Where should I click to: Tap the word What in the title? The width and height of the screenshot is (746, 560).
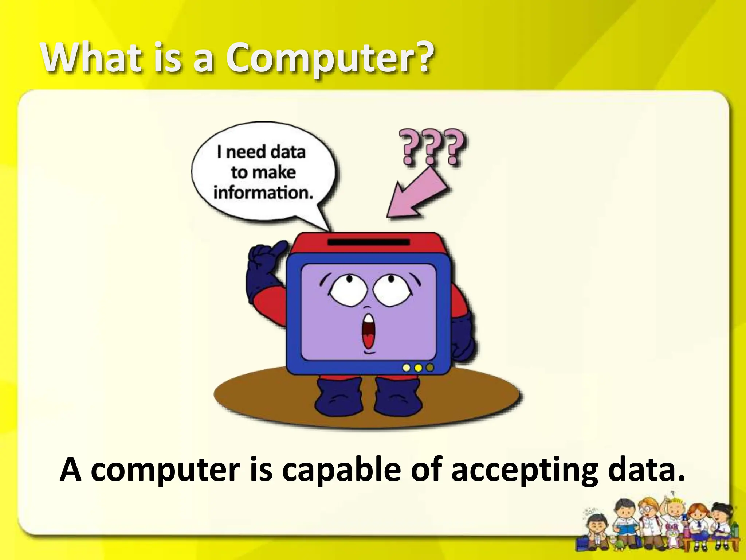pos(90,58)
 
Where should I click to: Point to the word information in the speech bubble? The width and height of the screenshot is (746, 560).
pos(263,192)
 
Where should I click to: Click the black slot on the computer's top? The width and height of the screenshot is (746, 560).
pos(369,242)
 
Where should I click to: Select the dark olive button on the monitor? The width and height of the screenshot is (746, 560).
pos(430,367)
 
